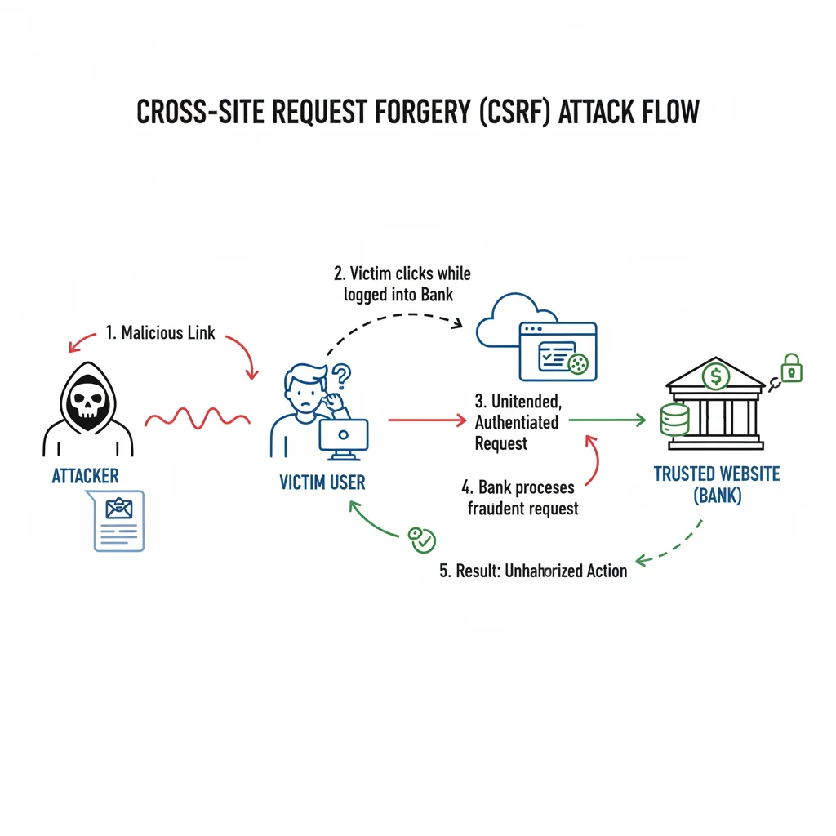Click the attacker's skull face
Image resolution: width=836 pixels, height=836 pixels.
88,405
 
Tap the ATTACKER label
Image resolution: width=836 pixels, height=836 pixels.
86,476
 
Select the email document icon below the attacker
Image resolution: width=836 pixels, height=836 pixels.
119,521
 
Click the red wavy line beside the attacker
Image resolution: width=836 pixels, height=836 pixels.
197,418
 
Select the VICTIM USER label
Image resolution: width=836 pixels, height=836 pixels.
322,482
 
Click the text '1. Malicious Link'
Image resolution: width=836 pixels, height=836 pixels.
160,333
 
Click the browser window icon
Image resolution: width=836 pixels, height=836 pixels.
558,350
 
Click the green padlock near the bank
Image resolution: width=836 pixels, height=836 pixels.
791,369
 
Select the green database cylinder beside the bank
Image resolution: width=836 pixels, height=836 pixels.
675,418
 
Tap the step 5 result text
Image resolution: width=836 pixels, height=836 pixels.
533,571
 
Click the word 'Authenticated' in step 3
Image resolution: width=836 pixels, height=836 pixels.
517,422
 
